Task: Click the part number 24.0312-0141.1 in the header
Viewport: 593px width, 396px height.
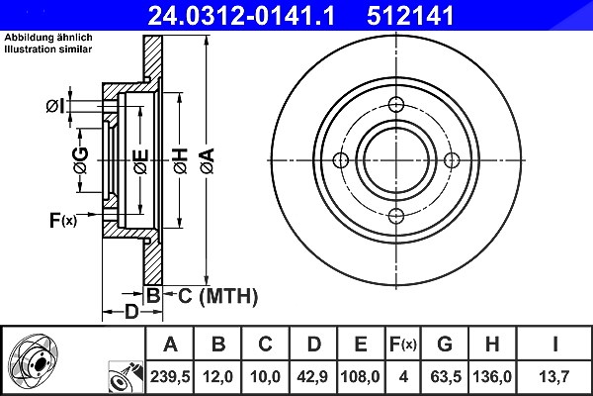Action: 241,16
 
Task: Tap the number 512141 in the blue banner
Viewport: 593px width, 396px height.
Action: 410,16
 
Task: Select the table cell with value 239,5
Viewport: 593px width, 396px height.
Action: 170,376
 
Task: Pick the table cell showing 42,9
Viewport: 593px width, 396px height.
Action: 312,376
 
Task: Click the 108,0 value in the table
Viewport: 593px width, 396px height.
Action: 360,376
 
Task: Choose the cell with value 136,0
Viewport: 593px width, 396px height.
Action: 492,376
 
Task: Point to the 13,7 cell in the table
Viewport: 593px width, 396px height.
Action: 553,376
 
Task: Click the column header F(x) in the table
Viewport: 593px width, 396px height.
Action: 403,345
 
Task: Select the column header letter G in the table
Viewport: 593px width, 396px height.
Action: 445,345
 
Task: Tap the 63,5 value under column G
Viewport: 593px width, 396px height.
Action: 446,376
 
